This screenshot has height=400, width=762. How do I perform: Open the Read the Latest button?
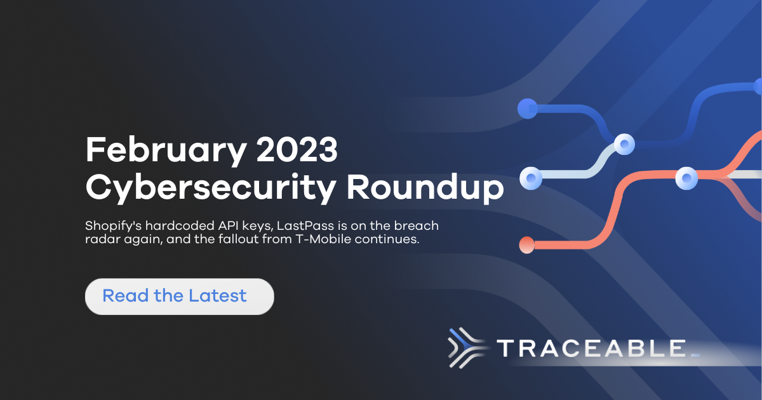pyautogui.click(x=179, y=296)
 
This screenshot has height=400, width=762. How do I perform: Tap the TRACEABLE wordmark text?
pyautogui.click(x=591, y=349)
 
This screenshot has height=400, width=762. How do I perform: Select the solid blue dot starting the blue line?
pyautogui.click(x=526, y=109)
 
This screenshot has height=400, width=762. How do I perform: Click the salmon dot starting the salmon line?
pyautogui.click(x=526, y=244)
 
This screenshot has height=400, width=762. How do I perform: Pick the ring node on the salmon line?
pyautogui.click(x=687, y=178)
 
